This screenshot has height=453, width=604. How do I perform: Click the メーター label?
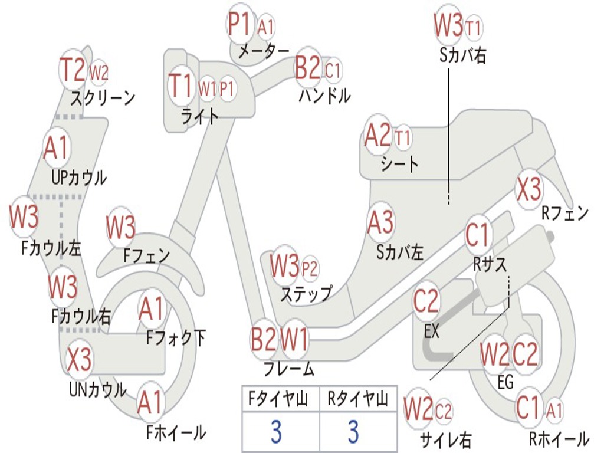[264, 51]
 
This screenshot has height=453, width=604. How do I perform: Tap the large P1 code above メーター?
[240, 25]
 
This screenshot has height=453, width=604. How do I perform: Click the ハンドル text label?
[324, 95]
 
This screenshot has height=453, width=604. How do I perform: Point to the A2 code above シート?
[378, 136]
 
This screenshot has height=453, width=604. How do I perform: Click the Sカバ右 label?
[463, 55]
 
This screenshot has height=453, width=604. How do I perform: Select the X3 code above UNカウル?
[78, 359]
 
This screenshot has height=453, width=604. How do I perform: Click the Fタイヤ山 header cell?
[280, 400]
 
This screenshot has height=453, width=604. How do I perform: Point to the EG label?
[505, 382]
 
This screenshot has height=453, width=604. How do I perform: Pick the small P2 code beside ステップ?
[310, 269]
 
